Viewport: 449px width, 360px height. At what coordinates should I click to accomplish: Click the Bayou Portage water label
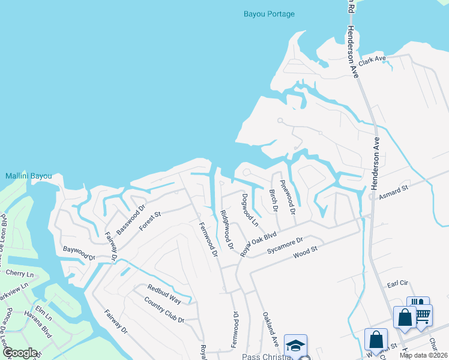(268, 14)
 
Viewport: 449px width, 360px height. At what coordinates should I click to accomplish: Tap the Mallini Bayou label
(29, 176)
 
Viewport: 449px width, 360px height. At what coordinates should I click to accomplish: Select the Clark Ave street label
(372, 61)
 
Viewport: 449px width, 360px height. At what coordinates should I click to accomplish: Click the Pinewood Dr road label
(288, 202)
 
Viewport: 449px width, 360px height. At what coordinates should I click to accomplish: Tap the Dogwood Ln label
(250, 210)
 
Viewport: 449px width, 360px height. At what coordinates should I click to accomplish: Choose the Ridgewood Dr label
(226, 230)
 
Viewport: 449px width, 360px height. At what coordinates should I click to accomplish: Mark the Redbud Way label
(164, 294)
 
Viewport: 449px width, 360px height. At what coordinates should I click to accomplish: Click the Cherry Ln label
(19, 273)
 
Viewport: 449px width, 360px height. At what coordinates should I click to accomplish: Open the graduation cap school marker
(295, 346)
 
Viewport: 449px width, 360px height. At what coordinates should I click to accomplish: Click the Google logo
(19, 353)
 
